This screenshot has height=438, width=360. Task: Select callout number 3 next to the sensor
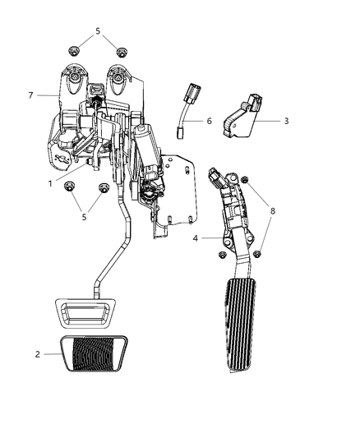coord(285,121)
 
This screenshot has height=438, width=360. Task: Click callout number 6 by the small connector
coord(209,121)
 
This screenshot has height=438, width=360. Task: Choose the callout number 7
coord(30,95)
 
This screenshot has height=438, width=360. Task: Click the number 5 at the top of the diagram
coord(98,31)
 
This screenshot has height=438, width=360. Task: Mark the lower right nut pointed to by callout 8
coord(258,254)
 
